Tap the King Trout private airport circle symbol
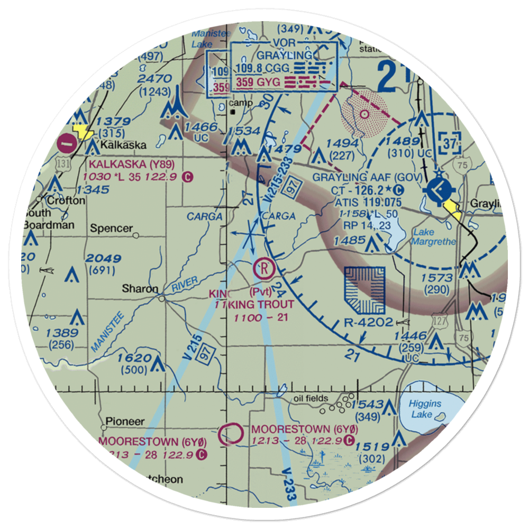(263, 269)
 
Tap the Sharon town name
(140, 289)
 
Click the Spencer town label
(111, 229)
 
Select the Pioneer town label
(124, 422)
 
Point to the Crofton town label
(66, 201)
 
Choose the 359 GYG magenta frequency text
(260, 82)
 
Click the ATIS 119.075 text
(369, 202)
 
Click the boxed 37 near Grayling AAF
(449, 142)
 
